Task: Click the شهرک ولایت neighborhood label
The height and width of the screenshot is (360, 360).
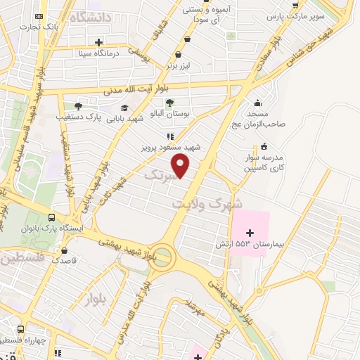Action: [207, 202]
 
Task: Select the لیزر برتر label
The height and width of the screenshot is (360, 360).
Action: [179, 65]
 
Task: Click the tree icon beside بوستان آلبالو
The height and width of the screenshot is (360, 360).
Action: [169, 103]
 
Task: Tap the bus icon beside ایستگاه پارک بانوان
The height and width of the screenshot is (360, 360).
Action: [51, 218]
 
